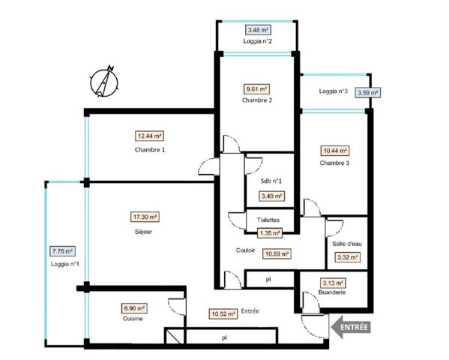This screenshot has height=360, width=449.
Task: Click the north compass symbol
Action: click(104, 82)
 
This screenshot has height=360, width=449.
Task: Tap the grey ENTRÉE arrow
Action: click(351, 327)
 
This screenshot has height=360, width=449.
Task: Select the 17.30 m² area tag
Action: click(145, 217)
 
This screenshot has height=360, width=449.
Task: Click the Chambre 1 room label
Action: click(150, 150)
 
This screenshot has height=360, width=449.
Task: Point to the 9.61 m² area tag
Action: click(256, 89)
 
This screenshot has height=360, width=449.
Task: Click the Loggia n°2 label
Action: click(257, 41)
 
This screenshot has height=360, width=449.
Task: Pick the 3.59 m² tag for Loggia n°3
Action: click(368, 93)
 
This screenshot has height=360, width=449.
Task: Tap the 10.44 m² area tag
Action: click(335, 151)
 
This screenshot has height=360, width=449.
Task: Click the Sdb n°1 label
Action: click(271, 181)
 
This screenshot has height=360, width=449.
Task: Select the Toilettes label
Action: click(268, 220)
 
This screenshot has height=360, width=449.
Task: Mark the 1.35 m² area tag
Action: click(270, 233)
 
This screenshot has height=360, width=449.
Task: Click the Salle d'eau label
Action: click(347, 244)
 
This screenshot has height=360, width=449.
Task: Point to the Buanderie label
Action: click(332, 292)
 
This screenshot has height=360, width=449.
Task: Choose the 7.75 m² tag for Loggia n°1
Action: click(63, 251)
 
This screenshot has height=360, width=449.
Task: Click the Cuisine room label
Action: click(133, 319)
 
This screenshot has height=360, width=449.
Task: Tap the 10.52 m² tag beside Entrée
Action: click(223, 314)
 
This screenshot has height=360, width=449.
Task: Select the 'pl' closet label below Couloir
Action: click(268, 279)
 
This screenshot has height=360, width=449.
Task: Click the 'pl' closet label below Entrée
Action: click(224, 338)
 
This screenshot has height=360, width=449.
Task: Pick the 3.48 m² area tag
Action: click(258, 30)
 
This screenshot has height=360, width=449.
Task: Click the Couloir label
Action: click(246, 250)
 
